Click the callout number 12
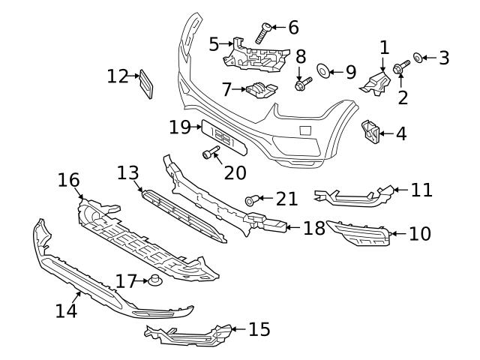point(117,76)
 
